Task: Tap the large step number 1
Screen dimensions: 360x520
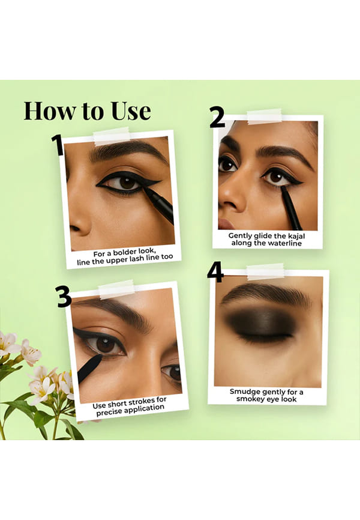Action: point(58,145)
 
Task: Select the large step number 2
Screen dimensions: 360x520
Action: point(217,118)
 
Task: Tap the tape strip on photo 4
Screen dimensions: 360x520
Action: point(266,271)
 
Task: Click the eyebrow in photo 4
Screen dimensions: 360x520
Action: point(265,294)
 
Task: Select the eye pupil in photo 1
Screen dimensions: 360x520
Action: point(126,183)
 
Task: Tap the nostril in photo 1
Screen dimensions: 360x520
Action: point(75,229)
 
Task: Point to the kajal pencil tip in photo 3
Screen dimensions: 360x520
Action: point(99,357)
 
